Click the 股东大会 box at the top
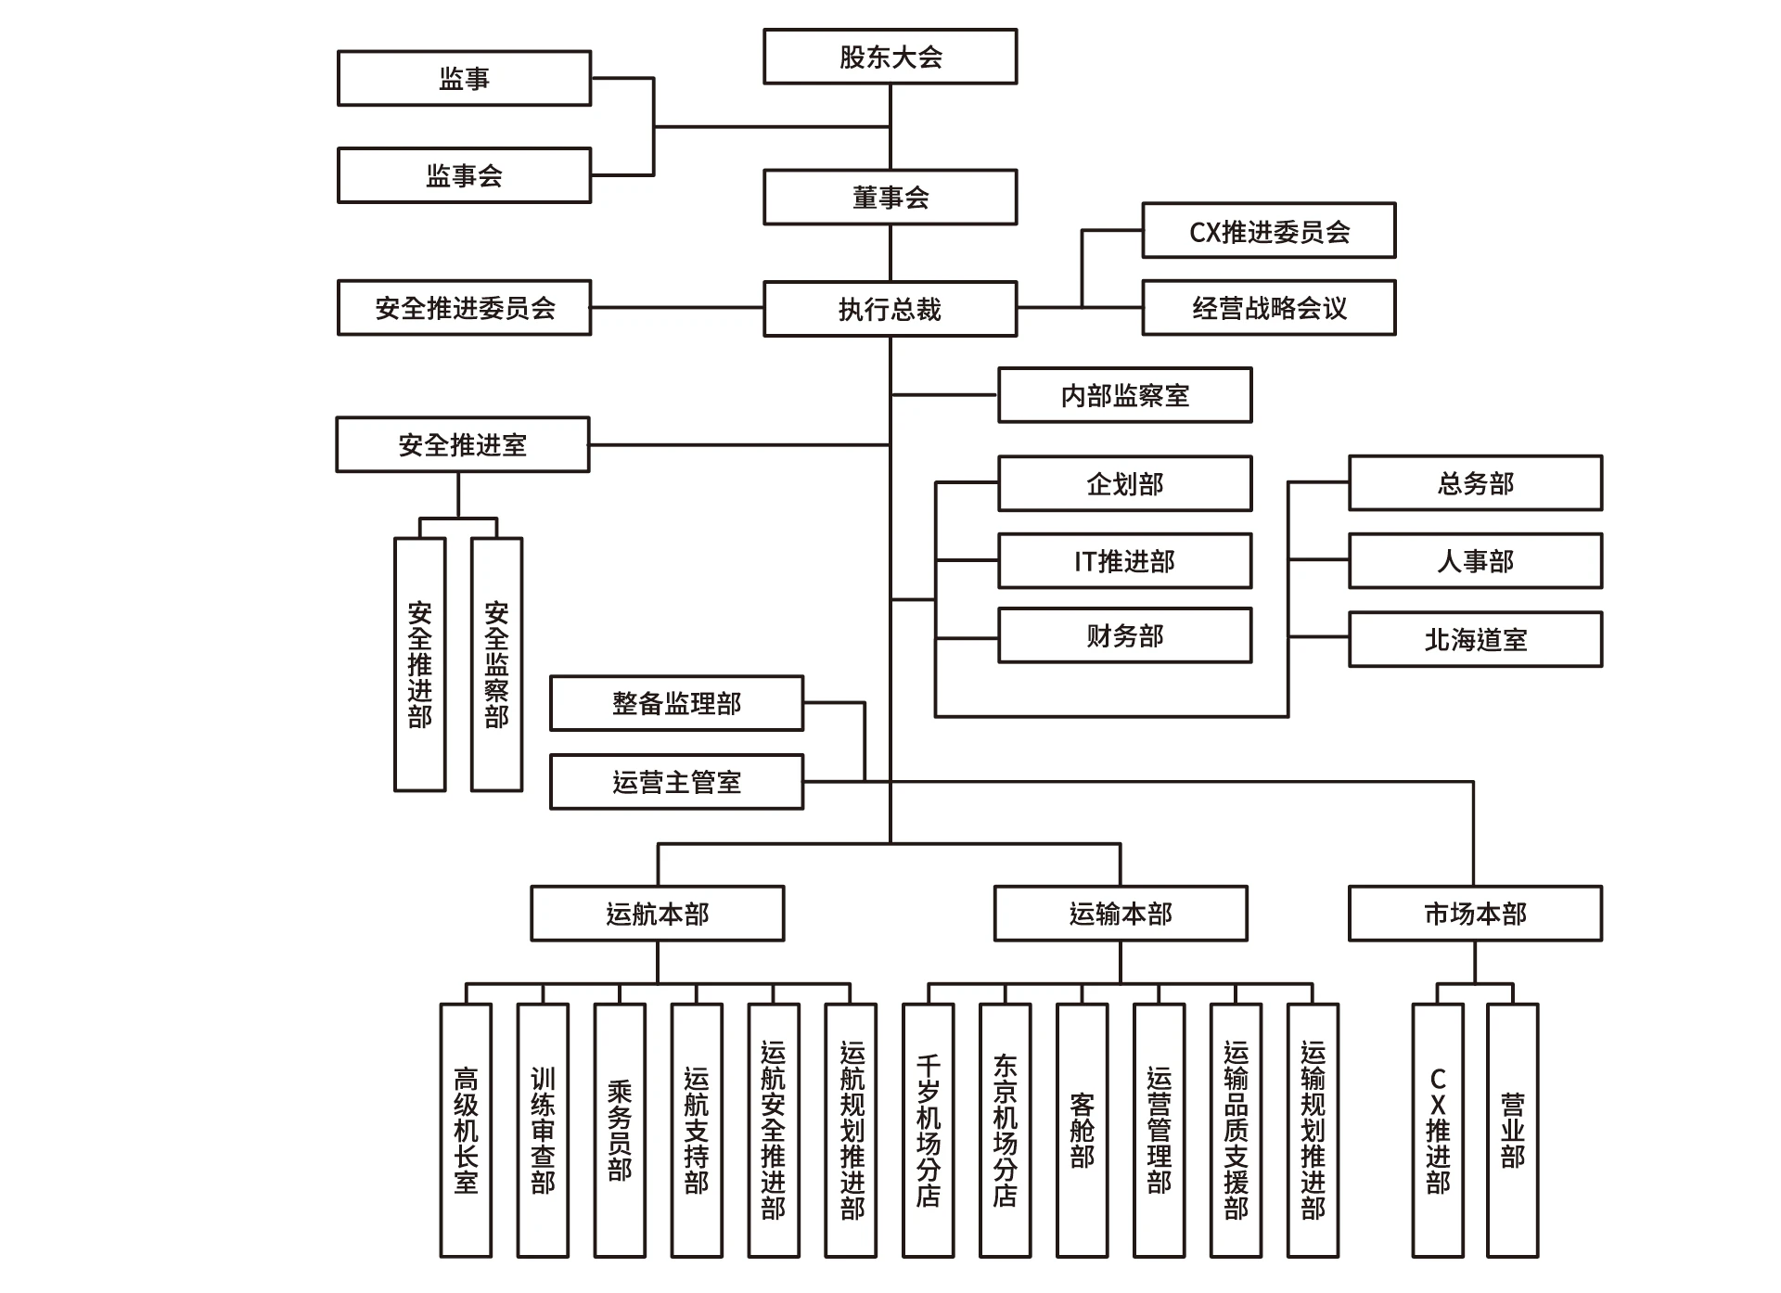890,57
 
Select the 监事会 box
464,175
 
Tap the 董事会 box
890,197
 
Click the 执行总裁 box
890,309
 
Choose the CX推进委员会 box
1269,230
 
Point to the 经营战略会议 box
1269,308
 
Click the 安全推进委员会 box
464,308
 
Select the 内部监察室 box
1125,395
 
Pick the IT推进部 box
1125,561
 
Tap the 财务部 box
1125,635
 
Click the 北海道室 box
1476,639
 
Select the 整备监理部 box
677,703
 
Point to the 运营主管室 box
677,782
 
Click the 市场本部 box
1476,914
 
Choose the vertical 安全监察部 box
497,664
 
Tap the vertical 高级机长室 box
466,1131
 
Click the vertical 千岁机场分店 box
929,1131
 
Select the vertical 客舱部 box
1083,1131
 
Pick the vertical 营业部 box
1513,1131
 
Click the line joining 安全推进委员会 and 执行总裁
677,308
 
